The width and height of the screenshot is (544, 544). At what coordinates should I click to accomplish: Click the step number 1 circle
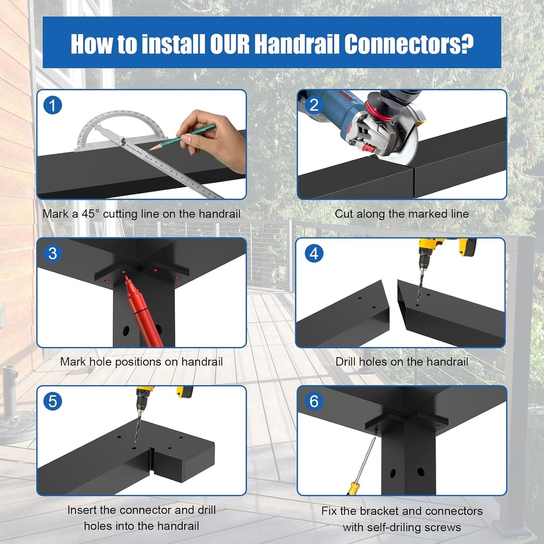53,105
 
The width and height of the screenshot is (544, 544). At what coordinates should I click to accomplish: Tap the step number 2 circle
314,105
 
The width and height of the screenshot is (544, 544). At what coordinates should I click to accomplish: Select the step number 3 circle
53,254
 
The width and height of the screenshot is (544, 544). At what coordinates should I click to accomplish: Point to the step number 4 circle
314,254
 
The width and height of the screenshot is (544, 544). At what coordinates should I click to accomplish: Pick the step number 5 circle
53,402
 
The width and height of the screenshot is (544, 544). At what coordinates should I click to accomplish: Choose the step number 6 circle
314,402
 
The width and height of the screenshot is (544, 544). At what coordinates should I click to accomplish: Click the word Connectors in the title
409,45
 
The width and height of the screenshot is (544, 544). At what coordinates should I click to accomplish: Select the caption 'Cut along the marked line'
402,214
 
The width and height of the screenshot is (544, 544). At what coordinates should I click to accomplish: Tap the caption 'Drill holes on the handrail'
402,362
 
